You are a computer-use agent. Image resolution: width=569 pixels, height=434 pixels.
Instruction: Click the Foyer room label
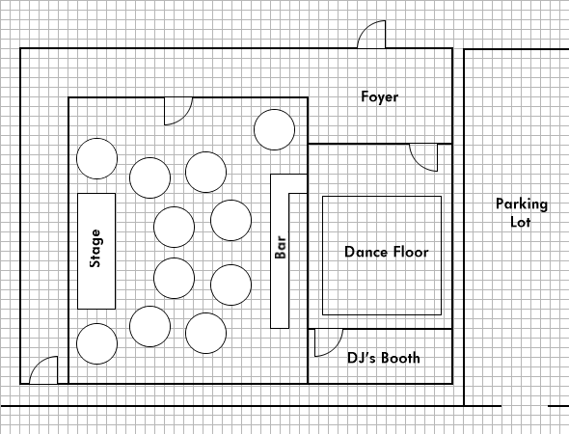pyautogui.click(x=380, y=97)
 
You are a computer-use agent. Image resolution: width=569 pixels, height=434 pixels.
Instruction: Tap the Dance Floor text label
pyautogui.click(x=387, y=252)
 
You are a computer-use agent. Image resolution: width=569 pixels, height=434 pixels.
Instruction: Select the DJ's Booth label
pyautogui.click(x=384, y=358)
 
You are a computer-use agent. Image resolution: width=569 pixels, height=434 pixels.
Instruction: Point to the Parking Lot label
pyautogui.click(x=522, y=213)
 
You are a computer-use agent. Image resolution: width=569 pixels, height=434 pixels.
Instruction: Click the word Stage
pyautogui.click(x=96, y=248)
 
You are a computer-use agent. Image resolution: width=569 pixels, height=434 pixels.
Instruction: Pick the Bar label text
pyautogui.click(x=281, y=248)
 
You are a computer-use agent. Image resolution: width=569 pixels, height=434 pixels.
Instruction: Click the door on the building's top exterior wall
pyautogui.click(x=371, y=35)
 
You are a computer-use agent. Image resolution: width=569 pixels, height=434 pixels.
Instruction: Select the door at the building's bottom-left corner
pyautogui.click(x=43, y=370)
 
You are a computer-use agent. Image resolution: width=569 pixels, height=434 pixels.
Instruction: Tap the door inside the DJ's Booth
pyautogui.click(x=329, y=342)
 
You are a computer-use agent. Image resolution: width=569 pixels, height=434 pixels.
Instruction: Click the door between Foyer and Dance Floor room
pyautogui.click(x=423, y=157)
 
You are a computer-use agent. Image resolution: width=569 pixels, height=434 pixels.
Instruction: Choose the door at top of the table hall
pyautogui.click(x=178, y=111)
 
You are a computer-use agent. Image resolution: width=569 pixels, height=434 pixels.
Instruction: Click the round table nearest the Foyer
pyautogui.click(x=274, y=129)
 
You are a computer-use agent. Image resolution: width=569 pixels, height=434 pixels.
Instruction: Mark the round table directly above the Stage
pyautogui.click(x=96, y=158)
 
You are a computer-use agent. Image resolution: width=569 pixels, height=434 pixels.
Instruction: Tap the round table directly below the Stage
pyautogui.click(x=96, y=343)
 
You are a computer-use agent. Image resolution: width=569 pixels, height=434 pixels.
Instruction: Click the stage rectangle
pyautogui.click(x=96, y=251)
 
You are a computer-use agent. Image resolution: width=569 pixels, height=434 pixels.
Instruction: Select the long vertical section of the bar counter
pyautogui.click(x=280, y=251)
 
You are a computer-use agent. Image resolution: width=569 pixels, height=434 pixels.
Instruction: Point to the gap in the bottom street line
pyautogui.click(x=525, y=406)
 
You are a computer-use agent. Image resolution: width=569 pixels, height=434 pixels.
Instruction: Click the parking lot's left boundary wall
pyautogui.click(x=464, y=228)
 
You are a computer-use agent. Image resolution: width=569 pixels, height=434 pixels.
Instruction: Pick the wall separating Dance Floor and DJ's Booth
pyautogui.click(x=380, y=329)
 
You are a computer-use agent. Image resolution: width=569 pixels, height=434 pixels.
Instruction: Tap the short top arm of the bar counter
pyautogui.click(x=298, y=183)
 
